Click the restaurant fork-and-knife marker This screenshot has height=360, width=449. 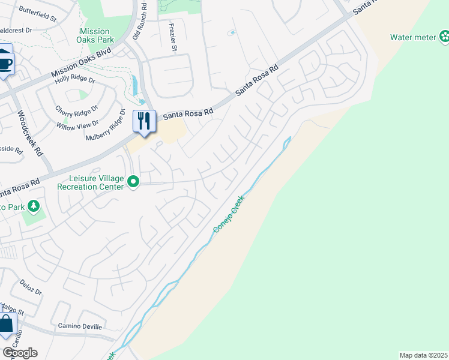coord(143,121)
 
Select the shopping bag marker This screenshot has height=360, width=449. coord(6,325)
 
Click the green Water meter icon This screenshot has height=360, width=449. coord(444,37)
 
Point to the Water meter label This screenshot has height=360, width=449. coord(413,37)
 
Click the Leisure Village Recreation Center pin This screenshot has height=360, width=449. coord(134,181)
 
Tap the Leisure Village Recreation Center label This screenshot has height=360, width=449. coord(97,182)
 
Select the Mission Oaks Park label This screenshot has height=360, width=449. coord(95,36)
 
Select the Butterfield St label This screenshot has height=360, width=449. coord(37,14)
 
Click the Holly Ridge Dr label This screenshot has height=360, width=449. coord(75,79)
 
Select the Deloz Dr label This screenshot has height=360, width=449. coord(30,287)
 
